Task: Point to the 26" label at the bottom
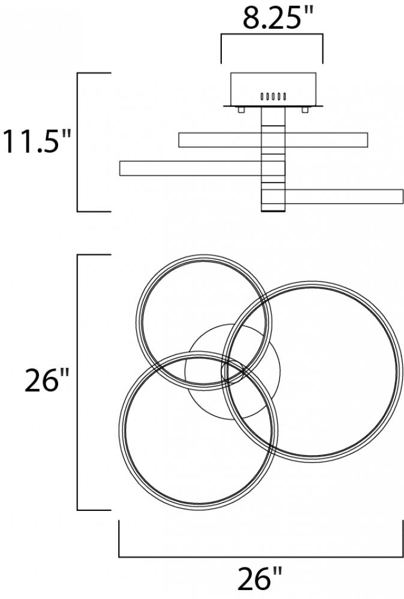click(260, 579)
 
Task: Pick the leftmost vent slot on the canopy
click(262, 96)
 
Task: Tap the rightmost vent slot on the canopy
click(285, 96)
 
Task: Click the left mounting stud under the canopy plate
click(241, 110)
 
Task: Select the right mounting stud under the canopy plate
click(305, 110)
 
